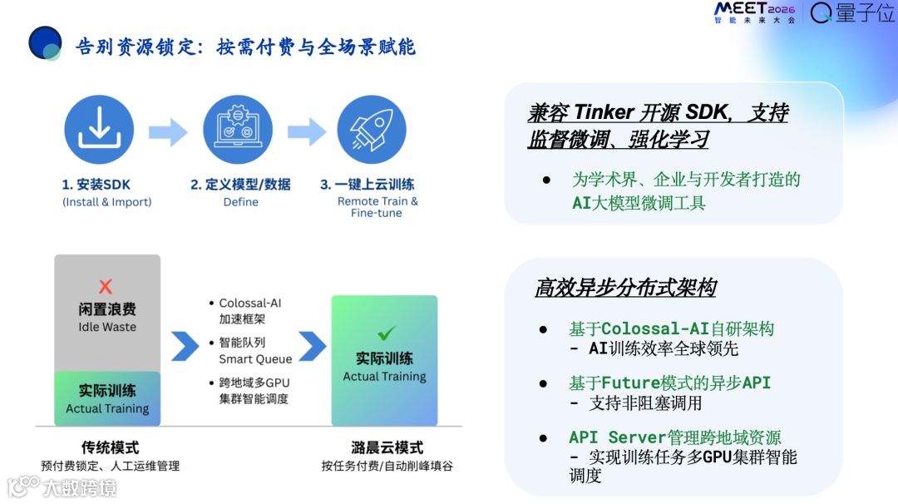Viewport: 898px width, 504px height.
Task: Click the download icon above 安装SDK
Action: (99, 130)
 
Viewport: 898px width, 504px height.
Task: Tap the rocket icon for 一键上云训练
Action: (371, 130)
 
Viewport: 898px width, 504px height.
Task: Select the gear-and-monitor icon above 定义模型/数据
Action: (238, 130)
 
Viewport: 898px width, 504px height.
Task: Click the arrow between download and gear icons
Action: (168, 131)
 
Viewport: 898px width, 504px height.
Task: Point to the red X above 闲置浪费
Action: (106, 287)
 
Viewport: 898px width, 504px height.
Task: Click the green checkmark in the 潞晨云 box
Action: (386, 334)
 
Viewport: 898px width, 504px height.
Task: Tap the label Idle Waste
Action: (107, 327)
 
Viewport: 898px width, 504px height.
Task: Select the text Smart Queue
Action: (255, 359)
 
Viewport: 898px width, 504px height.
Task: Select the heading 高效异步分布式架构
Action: (625, 288)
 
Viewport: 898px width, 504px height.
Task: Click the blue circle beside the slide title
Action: (45, 43)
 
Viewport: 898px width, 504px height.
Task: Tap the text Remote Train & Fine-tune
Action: (377, 207)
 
